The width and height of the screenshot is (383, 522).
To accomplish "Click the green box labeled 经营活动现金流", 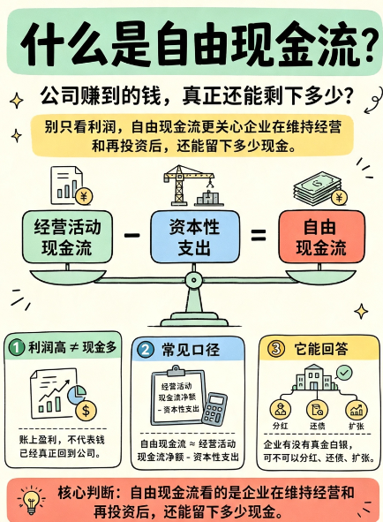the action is point(67,237).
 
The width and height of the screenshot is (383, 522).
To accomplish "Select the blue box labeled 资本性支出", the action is point(195,237).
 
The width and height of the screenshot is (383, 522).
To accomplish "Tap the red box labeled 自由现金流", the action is point(321,237).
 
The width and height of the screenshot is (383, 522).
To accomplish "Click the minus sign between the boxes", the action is point(131,235).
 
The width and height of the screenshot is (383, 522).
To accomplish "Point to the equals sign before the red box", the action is point(259,235).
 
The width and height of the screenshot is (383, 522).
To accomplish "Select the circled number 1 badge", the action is point(17,348).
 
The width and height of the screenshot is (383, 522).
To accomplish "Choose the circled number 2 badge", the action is point(146,350).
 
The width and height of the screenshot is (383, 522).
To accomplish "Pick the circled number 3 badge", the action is point(276,349).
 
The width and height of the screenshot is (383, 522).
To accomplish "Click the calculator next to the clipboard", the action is point(214,409).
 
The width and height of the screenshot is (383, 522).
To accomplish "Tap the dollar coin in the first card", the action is point(86,410).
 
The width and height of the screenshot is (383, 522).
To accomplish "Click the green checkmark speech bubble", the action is point(344,374).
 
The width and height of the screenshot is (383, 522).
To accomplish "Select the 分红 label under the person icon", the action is point(280,426).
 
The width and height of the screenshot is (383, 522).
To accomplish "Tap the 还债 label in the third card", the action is point(318,426).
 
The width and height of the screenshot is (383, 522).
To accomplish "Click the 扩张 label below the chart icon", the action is point(357,426).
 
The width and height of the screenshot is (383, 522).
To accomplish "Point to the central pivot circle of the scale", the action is point(193,280).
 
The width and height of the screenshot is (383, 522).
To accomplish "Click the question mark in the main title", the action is point(370,46).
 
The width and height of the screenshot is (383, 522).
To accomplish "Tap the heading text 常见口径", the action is point(191,350).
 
